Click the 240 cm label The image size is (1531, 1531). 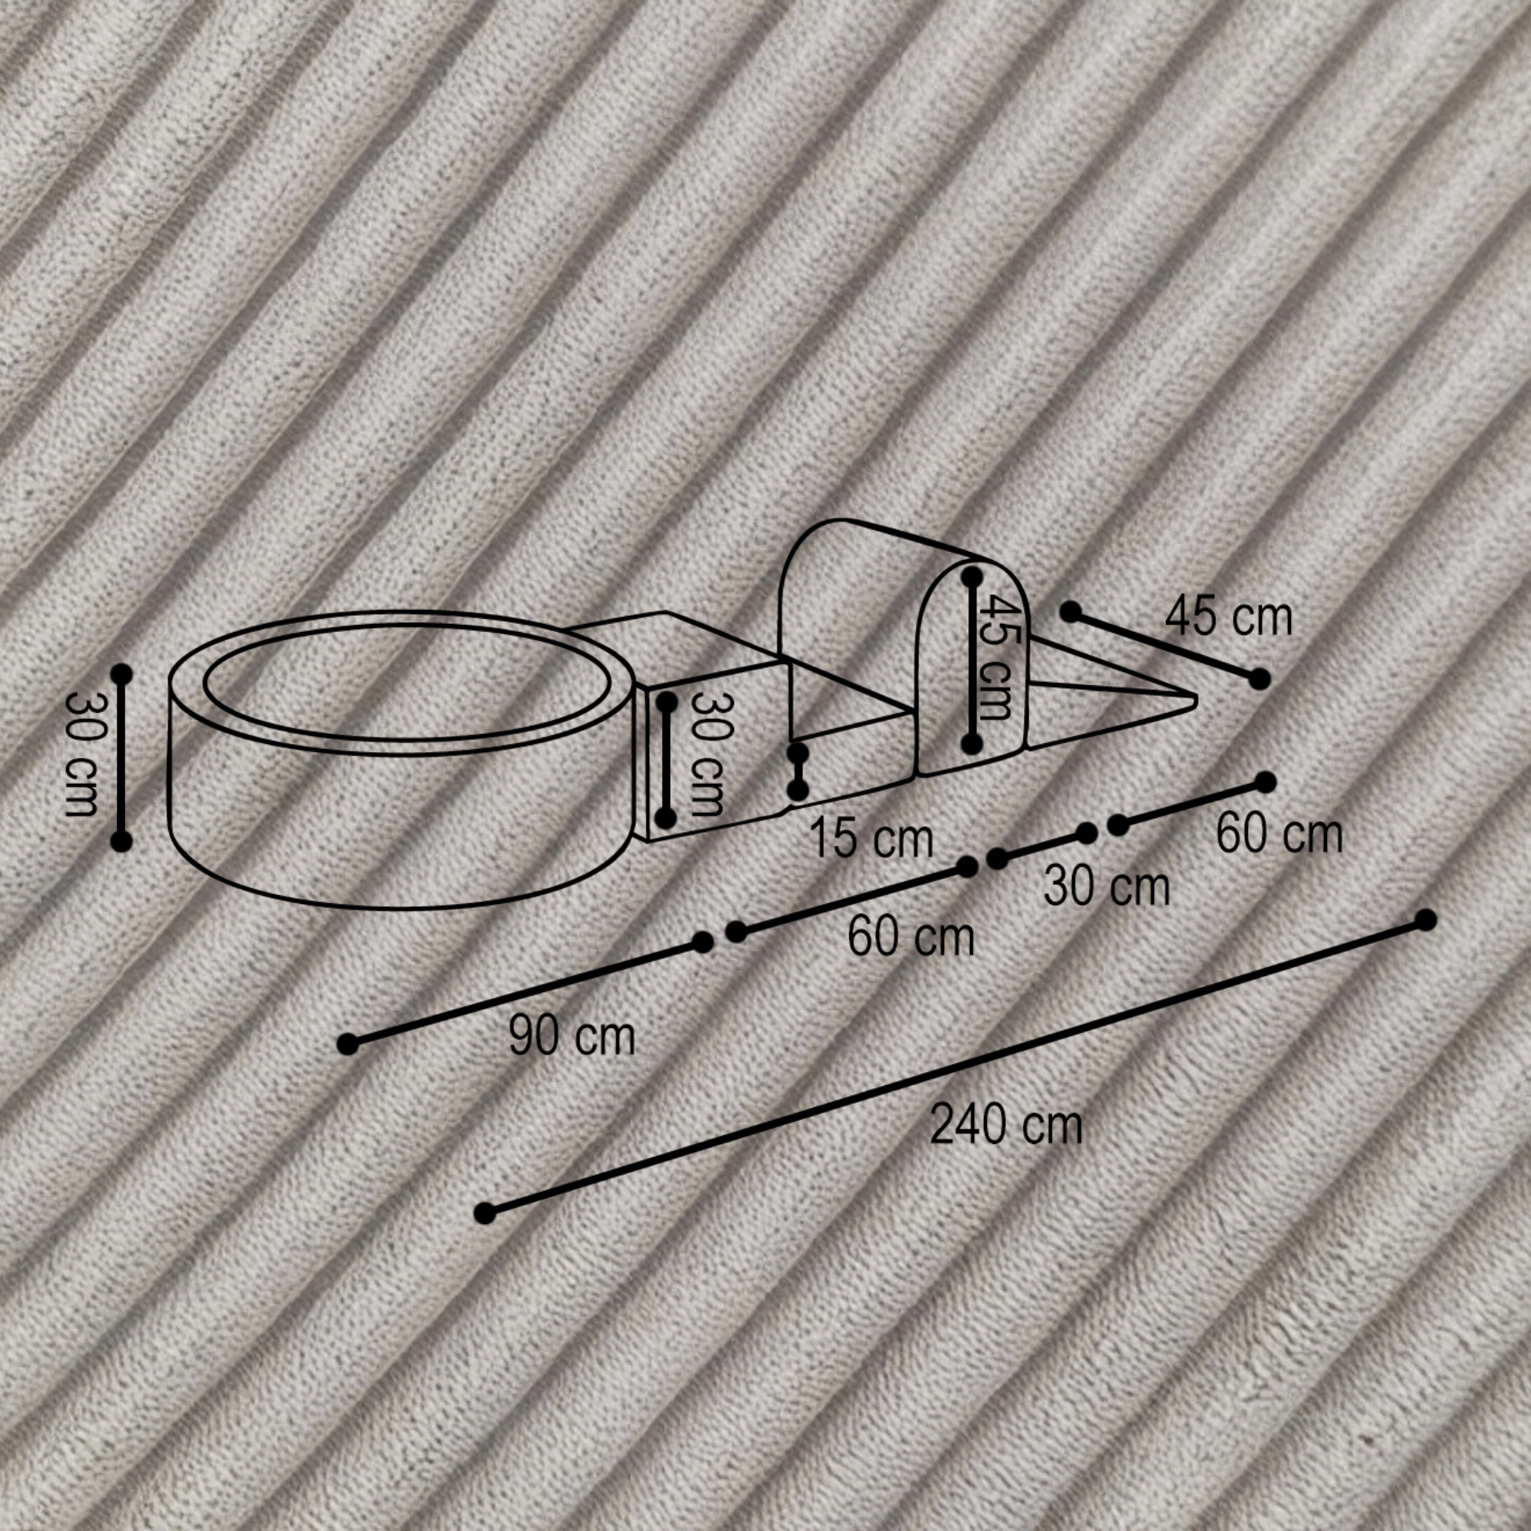click(1006, 1124)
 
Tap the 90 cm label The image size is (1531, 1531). click(572, 1035)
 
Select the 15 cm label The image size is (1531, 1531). click(870, 838)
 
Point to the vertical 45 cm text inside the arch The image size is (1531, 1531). click(999, 657)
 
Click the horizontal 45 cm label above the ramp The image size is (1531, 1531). click(1229, 616)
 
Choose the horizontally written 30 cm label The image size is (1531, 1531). click(1106, 887)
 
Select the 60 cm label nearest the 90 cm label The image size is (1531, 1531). click(910, 936)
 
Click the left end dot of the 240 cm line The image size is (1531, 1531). click(485, 1213)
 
